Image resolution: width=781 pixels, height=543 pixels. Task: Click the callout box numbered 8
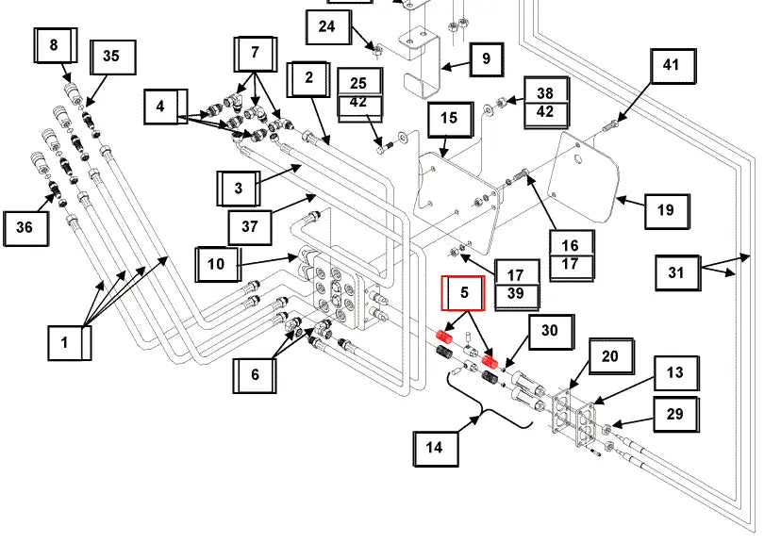[53, 44]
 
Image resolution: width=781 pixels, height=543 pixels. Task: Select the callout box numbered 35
[111, 57]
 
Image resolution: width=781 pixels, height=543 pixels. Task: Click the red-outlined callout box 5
[464, 293]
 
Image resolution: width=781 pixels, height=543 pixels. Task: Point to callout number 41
[671, 66]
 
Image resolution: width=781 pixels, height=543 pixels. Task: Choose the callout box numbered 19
[666, 210]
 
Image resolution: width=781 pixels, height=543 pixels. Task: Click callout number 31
[676, 273]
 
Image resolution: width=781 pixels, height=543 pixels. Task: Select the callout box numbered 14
[435, 448]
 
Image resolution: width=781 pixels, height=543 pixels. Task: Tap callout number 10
[217, 263]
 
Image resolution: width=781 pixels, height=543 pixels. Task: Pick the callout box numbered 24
[326, 26]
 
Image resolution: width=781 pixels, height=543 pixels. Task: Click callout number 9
[486, 58]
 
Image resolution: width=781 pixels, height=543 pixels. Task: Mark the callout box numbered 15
[449, 118]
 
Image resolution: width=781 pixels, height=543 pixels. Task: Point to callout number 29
[674, 414]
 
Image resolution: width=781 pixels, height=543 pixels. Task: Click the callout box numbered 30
[550, 331]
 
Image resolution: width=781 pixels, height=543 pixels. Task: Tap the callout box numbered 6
[255, 374]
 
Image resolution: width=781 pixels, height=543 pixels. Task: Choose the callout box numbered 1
[65, 342]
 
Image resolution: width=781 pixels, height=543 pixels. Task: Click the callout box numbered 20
[610, 356]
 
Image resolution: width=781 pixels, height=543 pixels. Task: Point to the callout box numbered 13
[675, 372]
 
